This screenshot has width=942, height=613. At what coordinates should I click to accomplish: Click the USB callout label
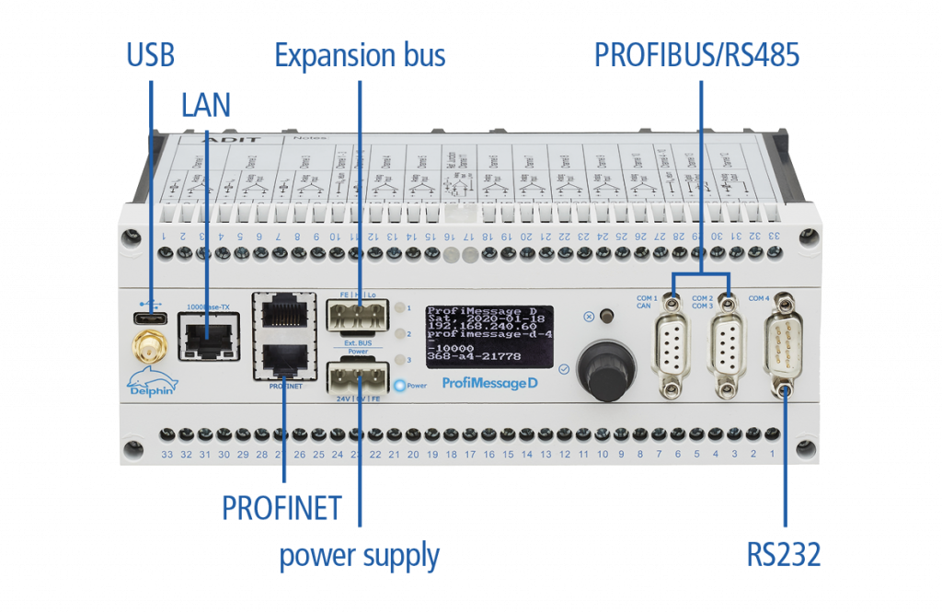[150, 55]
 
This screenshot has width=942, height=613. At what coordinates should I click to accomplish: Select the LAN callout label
[205, 104]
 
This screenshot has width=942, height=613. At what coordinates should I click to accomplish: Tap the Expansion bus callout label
[360, 55]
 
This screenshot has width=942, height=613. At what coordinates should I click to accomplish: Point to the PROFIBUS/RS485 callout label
[696, 55]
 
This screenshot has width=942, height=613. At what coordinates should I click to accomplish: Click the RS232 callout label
[784, 554]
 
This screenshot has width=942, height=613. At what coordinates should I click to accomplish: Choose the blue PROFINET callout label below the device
[281, 507]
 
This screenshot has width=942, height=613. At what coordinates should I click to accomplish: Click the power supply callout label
[360, 556]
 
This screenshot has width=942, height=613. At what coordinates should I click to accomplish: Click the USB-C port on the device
[149, 318]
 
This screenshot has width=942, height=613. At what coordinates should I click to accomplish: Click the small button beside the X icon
[605, 318]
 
